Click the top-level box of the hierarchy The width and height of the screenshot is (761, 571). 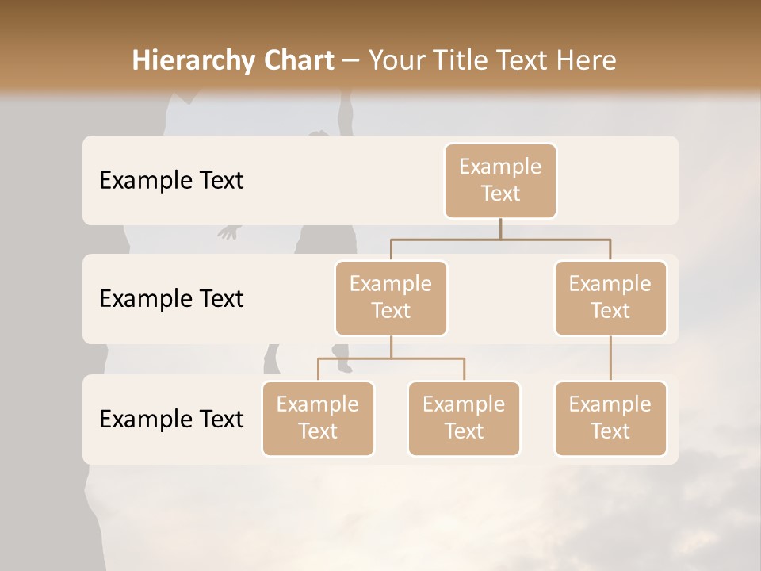click(x=500, y=180)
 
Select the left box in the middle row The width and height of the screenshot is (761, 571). click(x=391, y=297)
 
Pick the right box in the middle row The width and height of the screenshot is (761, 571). click(x=610, y=297)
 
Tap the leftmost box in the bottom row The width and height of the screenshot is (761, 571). click(x=318, y=418)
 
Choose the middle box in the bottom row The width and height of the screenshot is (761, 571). click(x=464, y=418)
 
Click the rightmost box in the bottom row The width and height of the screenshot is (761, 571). click(x=610, y=418)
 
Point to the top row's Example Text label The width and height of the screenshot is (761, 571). click(x=171, y=180)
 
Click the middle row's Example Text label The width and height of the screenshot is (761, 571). click(x=171, y=298)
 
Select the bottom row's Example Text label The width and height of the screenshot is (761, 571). click(x=171, y=419)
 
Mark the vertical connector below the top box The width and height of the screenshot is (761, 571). click(x=500, y=228)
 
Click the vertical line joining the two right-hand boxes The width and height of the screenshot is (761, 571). click(x=610, y=358)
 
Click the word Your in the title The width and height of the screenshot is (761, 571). click(x=396, y=60)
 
